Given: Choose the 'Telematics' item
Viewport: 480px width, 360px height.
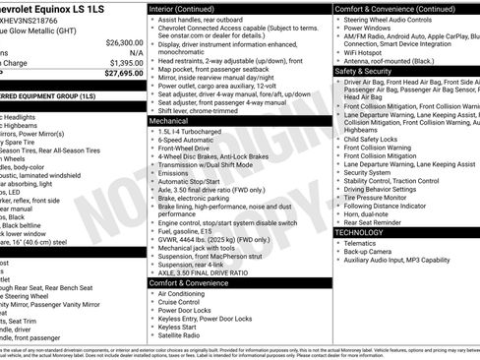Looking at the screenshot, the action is [x=363, y=243].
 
